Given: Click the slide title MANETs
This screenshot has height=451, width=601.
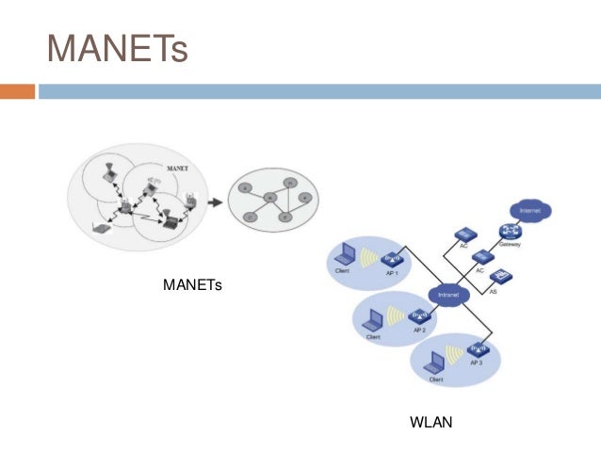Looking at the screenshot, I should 118,47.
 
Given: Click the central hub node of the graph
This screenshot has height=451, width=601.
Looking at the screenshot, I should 270,198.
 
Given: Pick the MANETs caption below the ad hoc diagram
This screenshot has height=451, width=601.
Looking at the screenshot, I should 192,283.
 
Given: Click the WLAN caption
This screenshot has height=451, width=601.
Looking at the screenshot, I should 431,423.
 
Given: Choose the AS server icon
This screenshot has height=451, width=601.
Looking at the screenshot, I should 502,276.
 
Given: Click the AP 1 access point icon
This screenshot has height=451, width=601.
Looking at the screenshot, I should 392,257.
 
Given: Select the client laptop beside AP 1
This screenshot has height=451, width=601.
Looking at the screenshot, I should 344,255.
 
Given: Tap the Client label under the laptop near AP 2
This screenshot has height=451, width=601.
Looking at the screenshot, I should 373,336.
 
